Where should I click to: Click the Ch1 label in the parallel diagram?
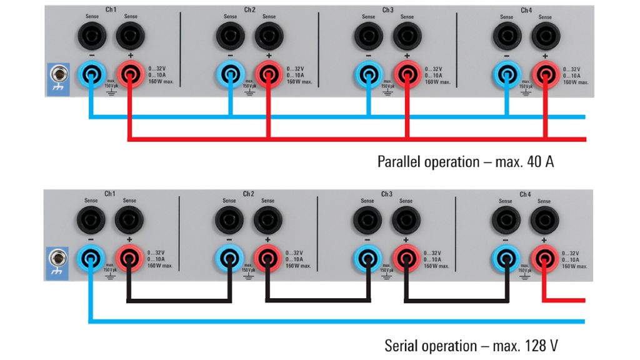click(111, 10)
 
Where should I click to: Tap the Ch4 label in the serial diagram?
click(525, 194)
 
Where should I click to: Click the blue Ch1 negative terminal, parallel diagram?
click(92, 76)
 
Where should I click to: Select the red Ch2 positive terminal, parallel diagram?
click(268, 76)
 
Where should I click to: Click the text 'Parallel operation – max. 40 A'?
click(466, 162)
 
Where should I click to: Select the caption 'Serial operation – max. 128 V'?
click(475, 346)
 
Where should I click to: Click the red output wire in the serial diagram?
click(566, 300)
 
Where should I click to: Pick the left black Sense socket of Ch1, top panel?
click(92, 37)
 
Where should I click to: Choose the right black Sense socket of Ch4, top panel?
click(545, 37)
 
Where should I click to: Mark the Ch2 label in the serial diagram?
click(249, 194)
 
